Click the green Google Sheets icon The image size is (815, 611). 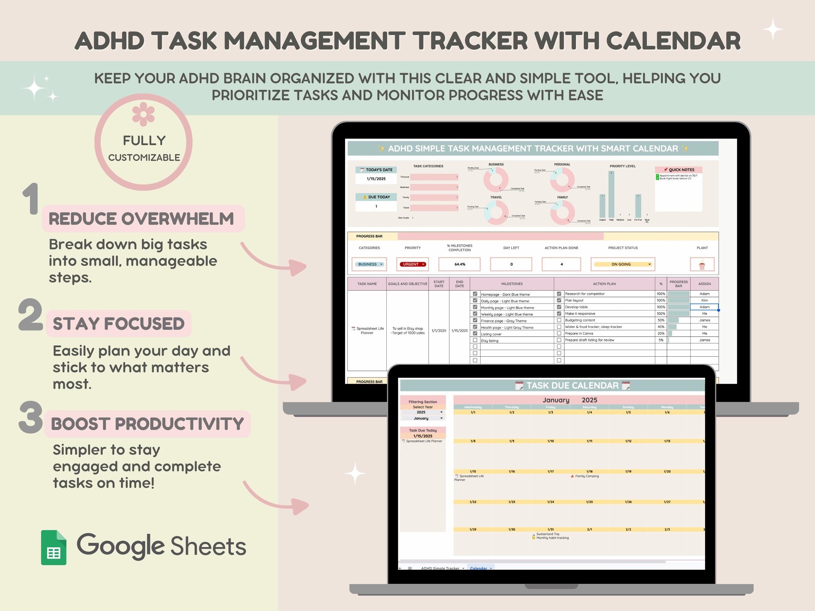pyautogui.click(x=54, y=547)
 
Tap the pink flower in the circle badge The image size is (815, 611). pyautogui.click(x=143, y=114)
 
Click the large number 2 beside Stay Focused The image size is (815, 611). pyautogui.click(x=30, y=315)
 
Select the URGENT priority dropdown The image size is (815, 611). pyautogui.click(x=412, y=264)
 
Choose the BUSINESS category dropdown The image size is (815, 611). pyautogui.click(x=369, y=264)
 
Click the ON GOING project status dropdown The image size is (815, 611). pyautogui.click(x=622, y=264)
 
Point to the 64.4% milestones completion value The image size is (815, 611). pyautogui.click(x=459, y=264)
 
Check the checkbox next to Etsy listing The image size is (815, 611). pyautogui.click(x=475, y=340)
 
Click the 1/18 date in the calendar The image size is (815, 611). pyautogui.click(x=589, y=471)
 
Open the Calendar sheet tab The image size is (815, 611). pyautogui.click(x=479, y=568)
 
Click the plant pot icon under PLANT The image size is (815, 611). pyautogui.click(x=702, y=264)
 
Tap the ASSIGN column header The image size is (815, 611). pyautogui.click(x=704, y=284)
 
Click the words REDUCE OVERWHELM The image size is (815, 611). pyautogui.click(x=141, y=219)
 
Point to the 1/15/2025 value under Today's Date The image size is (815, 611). pyautogui.click(x=376, y=179)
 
